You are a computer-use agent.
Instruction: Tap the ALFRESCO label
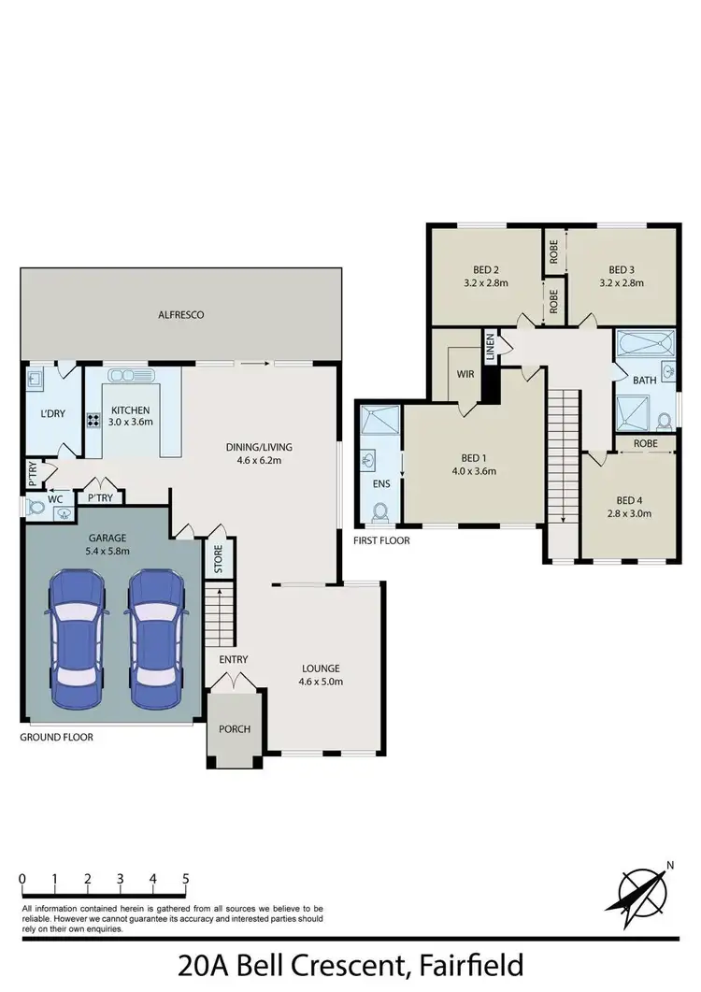(x=181, y=315)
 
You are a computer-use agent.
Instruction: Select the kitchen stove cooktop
(x=94, y=421)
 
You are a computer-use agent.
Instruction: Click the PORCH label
(x=234, y=728)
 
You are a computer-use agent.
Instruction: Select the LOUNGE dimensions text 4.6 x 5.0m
(x=321, y=682)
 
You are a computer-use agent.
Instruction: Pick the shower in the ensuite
(x=379, y=422)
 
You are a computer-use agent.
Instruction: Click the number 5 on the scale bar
(x=186, y=879)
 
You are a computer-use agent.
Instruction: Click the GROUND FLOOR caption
(x=56, y=737)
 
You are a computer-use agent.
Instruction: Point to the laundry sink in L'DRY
(x=36, y=378)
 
